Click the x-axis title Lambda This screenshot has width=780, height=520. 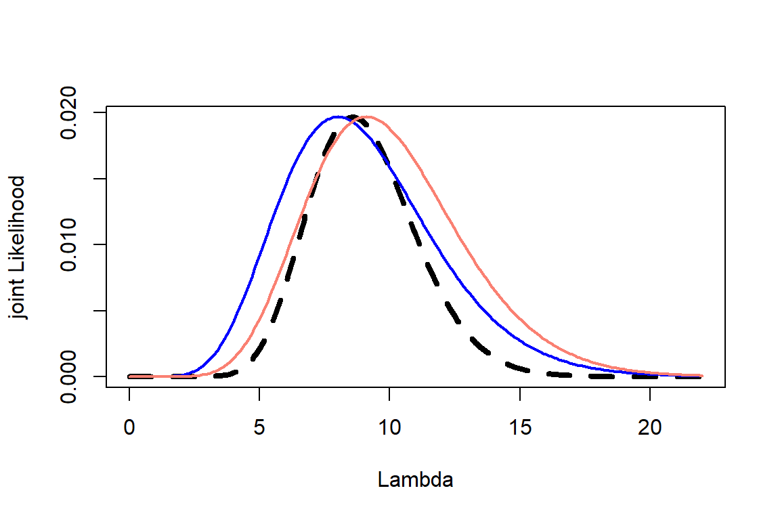[415, 480]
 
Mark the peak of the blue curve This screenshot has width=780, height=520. [337, 117]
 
